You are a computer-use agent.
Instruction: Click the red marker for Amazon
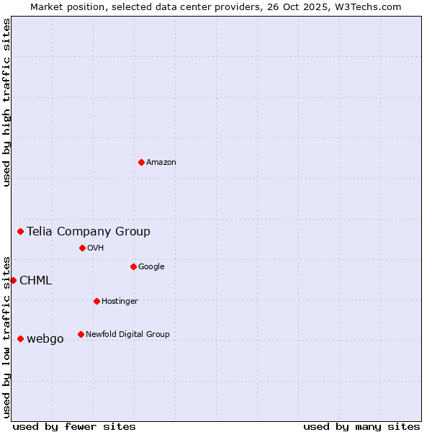tap(141, 162)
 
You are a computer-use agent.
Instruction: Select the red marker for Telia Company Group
tap(21, 231)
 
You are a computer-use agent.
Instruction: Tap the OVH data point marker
tap(82, 248)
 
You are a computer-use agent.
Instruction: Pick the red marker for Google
tap(133, 266)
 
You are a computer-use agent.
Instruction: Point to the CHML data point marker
tap(13, 280)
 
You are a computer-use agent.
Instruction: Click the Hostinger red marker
tap(96, 301)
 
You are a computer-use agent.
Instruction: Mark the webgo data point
tap(20, 338)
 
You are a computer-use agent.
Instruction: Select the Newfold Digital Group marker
tap(81, 334)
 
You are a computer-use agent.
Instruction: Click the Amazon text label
tap(161, 163)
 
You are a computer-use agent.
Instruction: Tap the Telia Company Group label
tap(89, 231)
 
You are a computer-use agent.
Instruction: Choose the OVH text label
tap(96, 248)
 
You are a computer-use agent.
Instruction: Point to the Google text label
tap(151, 267)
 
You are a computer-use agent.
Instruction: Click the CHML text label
tap(35, 281)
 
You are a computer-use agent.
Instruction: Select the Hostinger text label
tap(120, 302)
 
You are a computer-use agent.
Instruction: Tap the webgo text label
tap(45, 339)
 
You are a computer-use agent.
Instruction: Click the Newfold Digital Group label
tap(127, 334)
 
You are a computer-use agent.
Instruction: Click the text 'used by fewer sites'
tap(74, 426)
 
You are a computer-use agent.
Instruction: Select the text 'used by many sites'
tap(361, 426)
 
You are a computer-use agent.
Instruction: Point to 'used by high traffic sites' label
tap(6, 102)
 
